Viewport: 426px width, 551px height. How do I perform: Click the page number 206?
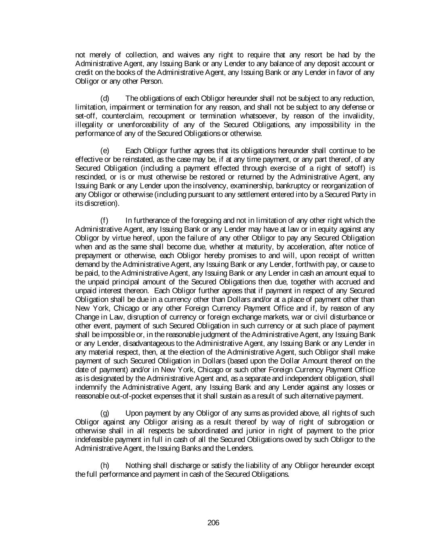(x=213, y=523)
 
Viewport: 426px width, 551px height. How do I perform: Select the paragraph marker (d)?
(x=105, y=98)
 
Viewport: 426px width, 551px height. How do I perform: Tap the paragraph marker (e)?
(x=105, y=151)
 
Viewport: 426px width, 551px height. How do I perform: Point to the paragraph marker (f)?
(x=104, y=220)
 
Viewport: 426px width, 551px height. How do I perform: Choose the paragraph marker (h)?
(x=105, y=466)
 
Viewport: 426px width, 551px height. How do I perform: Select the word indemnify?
(x=90, y=388)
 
